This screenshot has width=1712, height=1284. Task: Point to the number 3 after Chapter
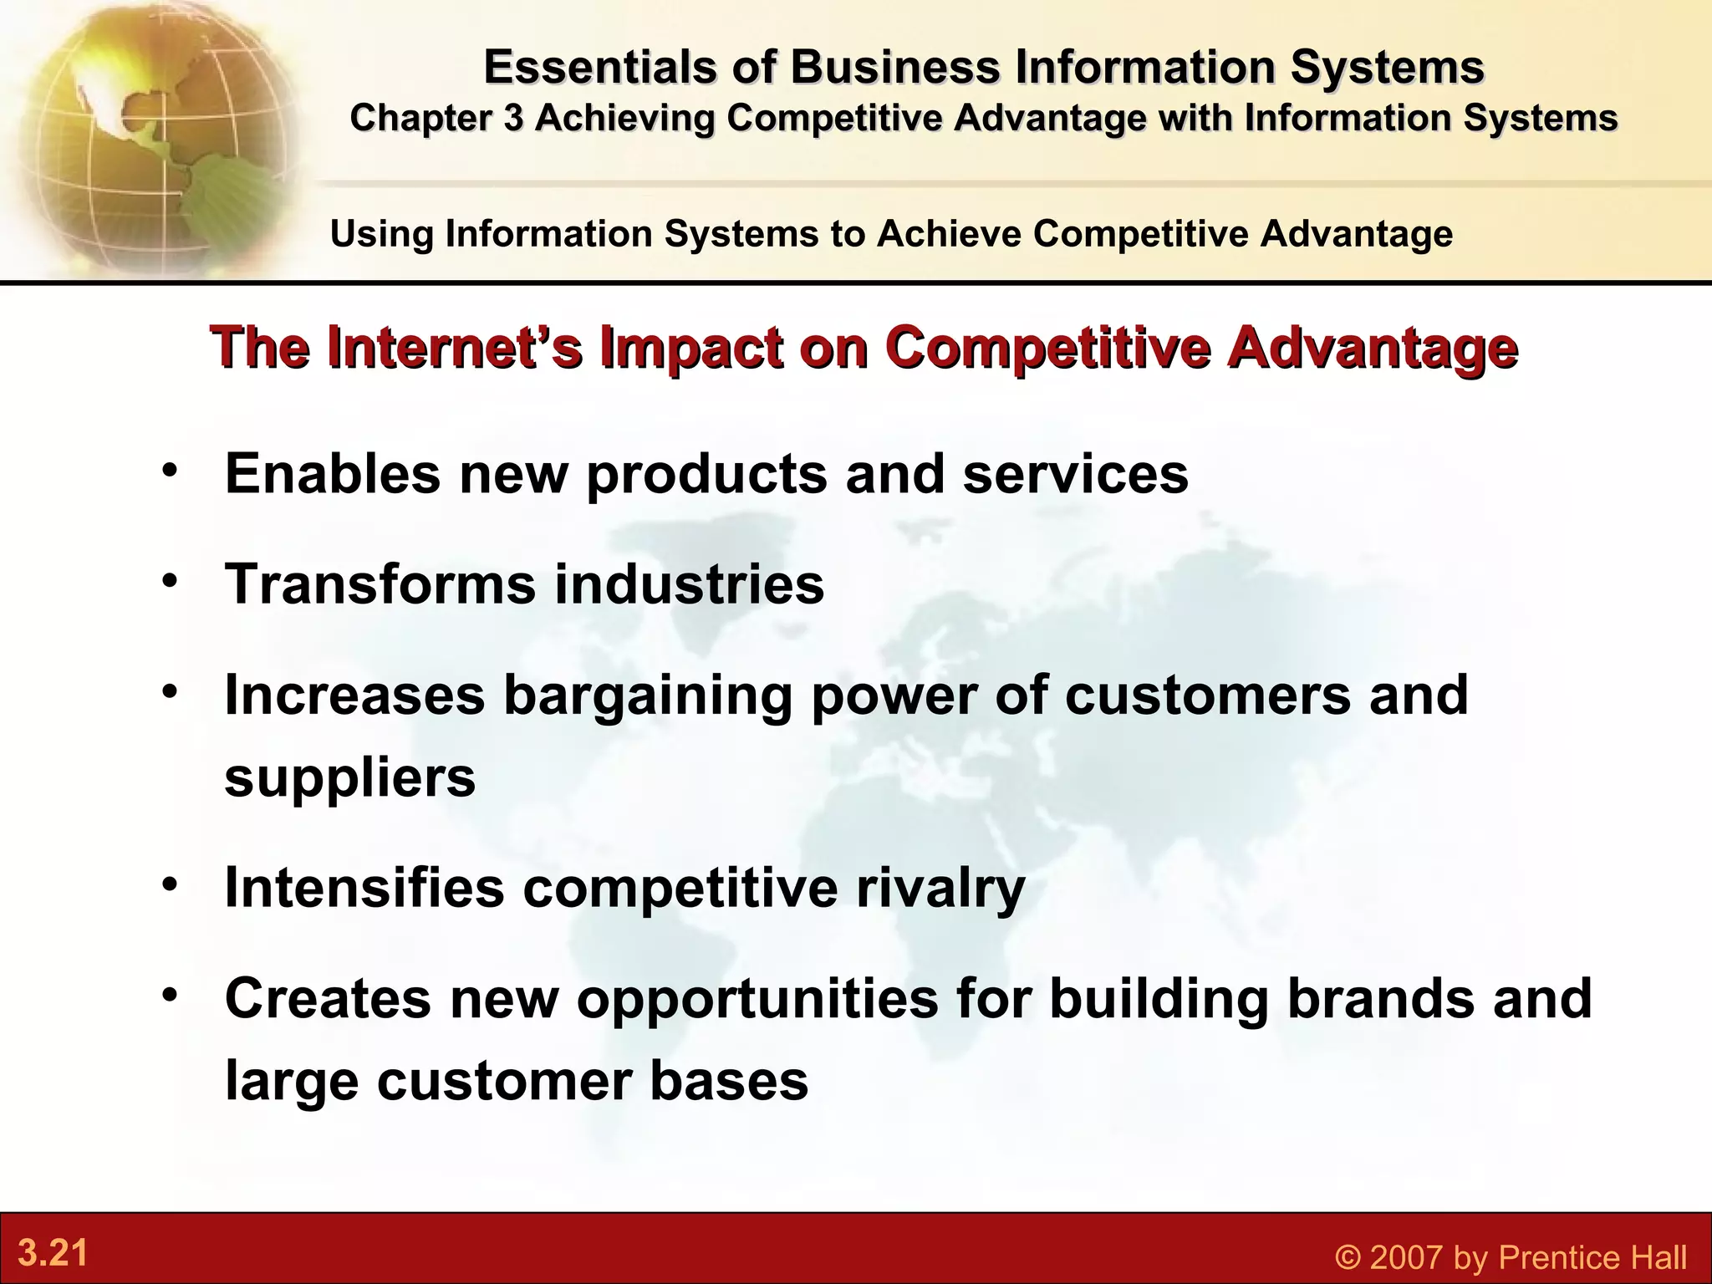512,118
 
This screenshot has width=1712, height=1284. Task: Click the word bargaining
647,695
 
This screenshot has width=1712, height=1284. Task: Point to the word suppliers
350,777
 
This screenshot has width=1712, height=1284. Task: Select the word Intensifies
364,888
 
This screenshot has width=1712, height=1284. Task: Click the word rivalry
940,888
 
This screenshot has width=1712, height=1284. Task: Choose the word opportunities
757,1000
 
